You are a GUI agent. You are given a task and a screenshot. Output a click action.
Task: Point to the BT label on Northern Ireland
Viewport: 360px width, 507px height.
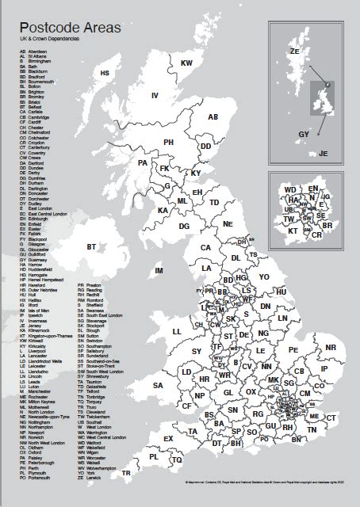[93, 247]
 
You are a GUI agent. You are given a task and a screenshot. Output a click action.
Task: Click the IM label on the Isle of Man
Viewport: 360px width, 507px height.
[159, 271]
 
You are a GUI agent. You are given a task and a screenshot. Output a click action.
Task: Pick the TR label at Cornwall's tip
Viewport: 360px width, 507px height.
[126, 473]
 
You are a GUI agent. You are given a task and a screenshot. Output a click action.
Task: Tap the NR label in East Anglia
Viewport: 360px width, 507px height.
[331, 347]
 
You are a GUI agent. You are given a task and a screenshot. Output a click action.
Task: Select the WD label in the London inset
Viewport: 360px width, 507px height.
[290, 189]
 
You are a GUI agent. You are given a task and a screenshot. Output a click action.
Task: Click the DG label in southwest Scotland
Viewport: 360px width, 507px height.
[184, 226]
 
